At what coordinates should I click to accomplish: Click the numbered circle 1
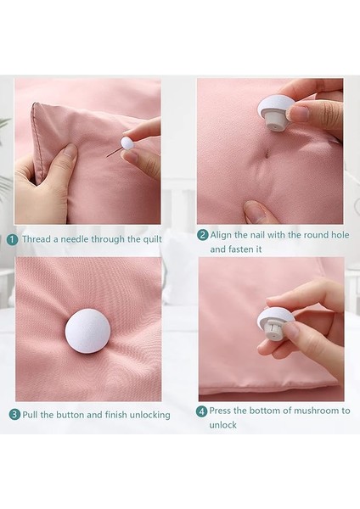tap(13, 240)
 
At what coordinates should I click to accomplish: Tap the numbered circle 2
tap(202, 235)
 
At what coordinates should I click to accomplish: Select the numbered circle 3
tap(14, 415)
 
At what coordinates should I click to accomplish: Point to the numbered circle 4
tap(201, 411)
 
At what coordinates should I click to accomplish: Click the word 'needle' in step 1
tap(75, 239)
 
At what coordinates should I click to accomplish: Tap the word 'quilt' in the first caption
tap(152, 240)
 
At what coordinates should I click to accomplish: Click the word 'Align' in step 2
tap(220, 235)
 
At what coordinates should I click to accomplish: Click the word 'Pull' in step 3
tap(31, 415)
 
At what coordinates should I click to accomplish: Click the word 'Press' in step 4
tap(220, 411)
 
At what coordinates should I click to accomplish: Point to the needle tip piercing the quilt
tap(107, 157)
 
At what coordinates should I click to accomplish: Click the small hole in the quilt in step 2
tap(267, 155)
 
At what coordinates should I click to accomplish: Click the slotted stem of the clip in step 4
tap(273, 330)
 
